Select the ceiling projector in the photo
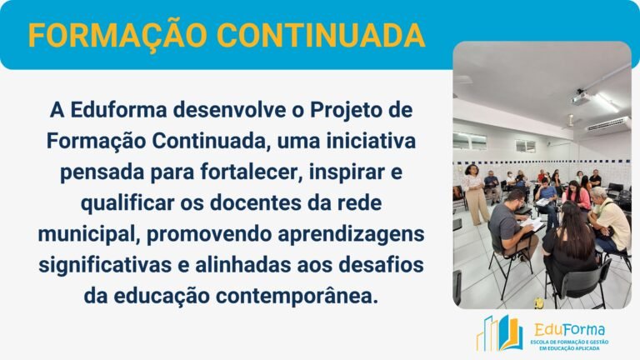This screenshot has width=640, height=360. [581, 98]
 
